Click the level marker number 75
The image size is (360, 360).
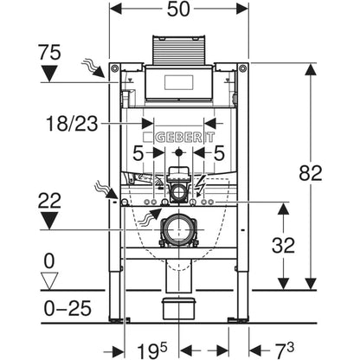pyautogui.click(x=49, y=52)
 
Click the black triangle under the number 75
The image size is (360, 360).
pyautogui.click(x=49, y=73)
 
